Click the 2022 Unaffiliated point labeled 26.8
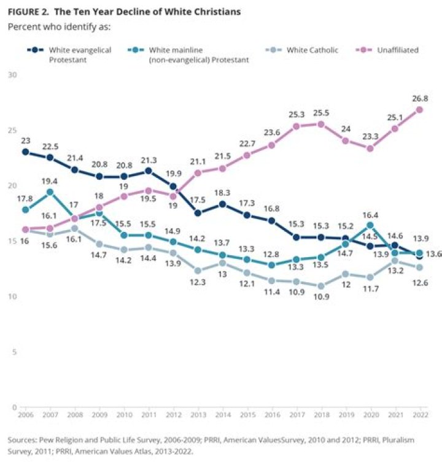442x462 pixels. (x=419, y=109)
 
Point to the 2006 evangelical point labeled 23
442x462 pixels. (x=25, y=152)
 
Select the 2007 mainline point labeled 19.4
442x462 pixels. (x=50, y=192)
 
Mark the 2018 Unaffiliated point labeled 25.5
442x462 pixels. (x=320, y=124)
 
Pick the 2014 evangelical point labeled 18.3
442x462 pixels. (x=222, y=204)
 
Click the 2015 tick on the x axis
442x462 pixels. (x=247, y=415)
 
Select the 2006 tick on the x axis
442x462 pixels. (x=25, y=415)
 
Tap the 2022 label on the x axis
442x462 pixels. (x=419, y=415)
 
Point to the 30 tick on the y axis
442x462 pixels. (x=12, y=75)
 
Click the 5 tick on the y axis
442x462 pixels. (x=14, y=352)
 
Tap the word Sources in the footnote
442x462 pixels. (x=21, y=440)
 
